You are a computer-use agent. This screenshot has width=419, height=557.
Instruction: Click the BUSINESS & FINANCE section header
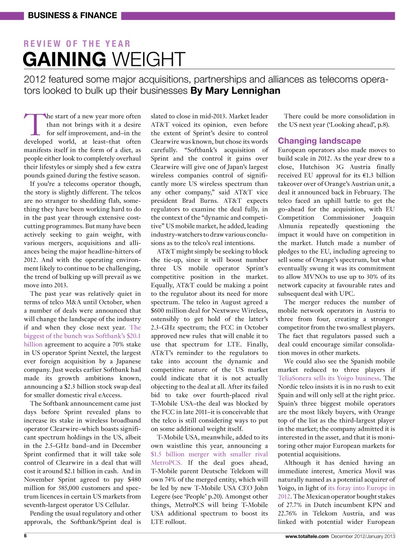72,16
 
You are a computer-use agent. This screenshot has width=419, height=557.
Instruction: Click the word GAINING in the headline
64,59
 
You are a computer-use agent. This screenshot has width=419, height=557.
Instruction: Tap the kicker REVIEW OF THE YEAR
77,44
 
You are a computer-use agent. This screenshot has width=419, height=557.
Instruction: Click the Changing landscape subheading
319,141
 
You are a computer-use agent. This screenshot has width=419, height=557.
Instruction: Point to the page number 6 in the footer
25,536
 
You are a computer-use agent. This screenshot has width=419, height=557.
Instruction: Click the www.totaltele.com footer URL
307,537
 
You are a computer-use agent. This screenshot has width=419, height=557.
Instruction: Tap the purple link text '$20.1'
134,336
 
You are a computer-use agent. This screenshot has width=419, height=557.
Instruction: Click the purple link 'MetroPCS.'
166,463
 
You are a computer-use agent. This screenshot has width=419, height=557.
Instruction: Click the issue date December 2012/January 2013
363,537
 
